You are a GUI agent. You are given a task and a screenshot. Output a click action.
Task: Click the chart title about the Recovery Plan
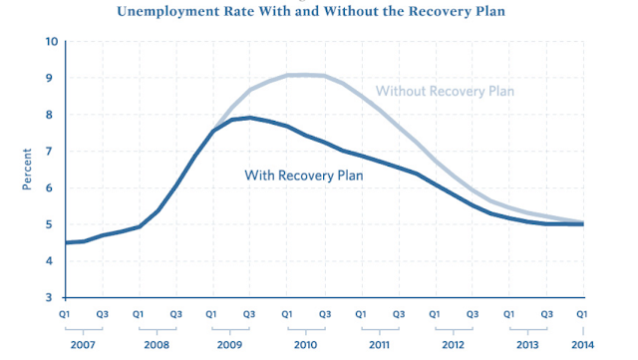click(x=311, y=11)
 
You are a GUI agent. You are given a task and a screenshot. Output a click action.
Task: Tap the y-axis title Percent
click(x=27, y=169)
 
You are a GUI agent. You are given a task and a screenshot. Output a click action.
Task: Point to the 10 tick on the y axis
click(x=52, y=42)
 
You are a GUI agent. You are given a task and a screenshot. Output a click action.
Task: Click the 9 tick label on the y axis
click(x=49, y=78)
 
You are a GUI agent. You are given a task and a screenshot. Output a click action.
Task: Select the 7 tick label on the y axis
click(x=49, y=152)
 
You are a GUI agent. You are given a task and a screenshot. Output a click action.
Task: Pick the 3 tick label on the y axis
click(x=49, y=297)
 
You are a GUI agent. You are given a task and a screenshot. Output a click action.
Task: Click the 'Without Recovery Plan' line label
click(x=445, y=91)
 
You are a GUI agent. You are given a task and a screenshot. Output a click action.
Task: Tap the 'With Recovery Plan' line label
click(x=303, y=176)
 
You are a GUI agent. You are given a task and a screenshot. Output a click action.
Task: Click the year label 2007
click(x=83, y=345)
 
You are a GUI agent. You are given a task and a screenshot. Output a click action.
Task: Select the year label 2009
click(x=229, y=345)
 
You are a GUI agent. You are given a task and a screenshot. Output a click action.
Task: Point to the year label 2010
click(x=305, y=345)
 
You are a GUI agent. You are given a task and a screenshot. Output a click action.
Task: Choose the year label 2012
click(x=453, y=345)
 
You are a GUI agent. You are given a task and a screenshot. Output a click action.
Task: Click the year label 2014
click(x=582, y=345)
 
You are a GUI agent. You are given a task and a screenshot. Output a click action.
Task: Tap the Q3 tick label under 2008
click(x=175, y=314)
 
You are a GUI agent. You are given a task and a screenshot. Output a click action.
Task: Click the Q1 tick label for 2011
click(x=361, y=314)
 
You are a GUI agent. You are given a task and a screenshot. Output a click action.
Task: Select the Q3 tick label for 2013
click(x=546, y=314)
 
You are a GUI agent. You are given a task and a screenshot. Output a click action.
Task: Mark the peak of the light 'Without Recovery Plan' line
click(x=305, y=75)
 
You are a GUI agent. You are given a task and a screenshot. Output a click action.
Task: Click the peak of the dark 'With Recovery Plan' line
click(x=249, y=118)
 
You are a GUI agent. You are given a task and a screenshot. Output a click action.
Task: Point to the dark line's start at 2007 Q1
click(x=66, y=242)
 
